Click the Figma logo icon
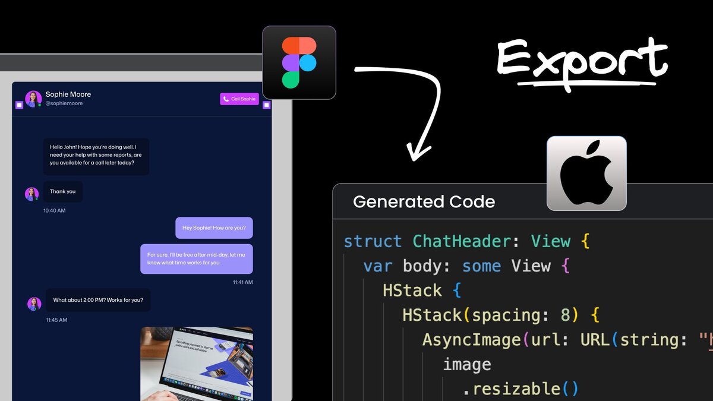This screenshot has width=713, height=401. point(299,62)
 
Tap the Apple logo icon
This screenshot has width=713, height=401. point(586,173)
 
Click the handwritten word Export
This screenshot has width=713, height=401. point(582,62)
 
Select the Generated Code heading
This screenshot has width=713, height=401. point(424,201)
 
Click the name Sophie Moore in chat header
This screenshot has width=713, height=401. point(68,94)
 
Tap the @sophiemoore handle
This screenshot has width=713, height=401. point(64,103)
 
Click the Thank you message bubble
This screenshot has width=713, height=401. point(63,191)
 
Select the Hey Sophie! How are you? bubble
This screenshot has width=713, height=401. point(214,228)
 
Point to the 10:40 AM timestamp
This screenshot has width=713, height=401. point(55,210)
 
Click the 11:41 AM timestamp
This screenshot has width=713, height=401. point(242,282)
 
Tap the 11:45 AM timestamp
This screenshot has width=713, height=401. point(56,320)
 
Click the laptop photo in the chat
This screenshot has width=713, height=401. point(197,364)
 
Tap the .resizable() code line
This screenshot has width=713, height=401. point(520,389)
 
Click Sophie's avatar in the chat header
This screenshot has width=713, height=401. point(33,98)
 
